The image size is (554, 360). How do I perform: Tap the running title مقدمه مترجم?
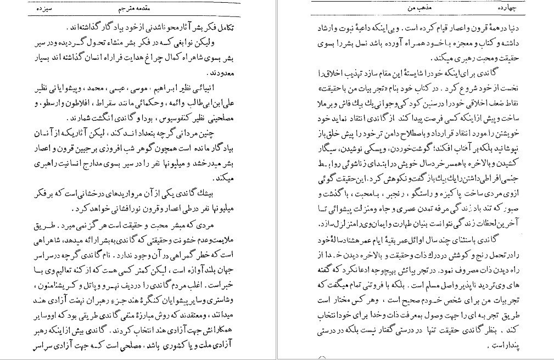133,10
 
